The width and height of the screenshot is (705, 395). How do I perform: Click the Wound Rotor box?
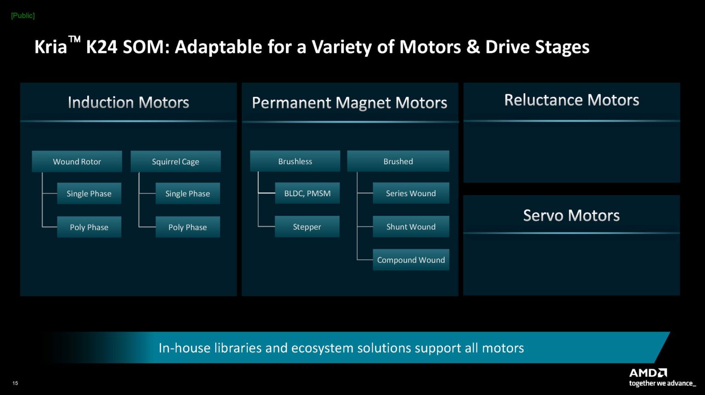point(77,162)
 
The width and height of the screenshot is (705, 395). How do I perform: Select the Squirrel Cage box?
point(175,162)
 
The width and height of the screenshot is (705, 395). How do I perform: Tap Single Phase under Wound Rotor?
point(89,194)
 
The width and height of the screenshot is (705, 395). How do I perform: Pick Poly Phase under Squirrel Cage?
point(187,227)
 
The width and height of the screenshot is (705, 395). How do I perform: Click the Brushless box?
point(295,161)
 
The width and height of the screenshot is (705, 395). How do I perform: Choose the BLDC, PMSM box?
point(307,193)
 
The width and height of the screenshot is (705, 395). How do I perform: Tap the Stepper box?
point(307,227)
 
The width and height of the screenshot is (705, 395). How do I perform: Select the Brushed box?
point(398,161)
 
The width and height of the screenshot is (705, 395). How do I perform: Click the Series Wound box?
point(411,193)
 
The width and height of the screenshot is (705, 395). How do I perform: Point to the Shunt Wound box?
point(411,227)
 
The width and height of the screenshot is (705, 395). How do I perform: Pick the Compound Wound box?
point(411,260)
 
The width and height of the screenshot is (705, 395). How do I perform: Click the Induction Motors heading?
point(129,102)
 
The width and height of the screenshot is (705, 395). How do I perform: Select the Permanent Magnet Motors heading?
point(350,103)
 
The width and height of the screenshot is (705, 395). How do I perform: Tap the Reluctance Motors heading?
point(571,100)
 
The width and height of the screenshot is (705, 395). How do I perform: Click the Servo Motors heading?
point(571,215)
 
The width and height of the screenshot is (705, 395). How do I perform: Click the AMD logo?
point(648,372)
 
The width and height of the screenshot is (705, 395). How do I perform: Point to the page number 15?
point(15,383)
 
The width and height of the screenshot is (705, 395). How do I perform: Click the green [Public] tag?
point(23,16)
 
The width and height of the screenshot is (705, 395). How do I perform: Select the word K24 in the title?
point(102,47)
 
